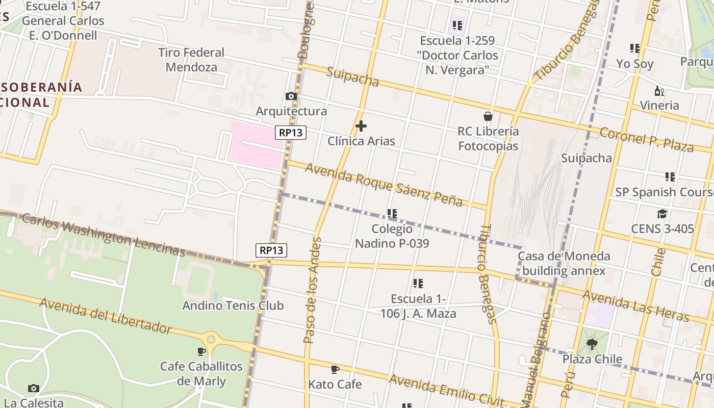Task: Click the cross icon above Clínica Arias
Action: click(x=361, y=126)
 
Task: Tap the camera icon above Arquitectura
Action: click(x=291, y=96)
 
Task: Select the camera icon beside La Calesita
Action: click(x=34, y=388)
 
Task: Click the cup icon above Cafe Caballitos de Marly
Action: click(x=201, y=351)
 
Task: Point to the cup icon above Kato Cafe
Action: click(x=335, y=369)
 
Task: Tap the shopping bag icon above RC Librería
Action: click(x=488, y=116)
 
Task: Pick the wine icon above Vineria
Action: click(x=659, y=91)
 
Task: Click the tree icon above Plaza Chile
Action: click(x=592, y=344)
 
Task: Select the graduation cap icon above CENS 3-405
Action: click(x=662, y=214)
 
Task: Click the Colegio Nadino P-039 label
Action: click(x=392, y=236)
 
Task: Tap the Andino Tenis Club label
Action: click(x=233, y=305)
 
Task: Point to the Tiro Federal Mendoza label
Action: click(x=191, y=60)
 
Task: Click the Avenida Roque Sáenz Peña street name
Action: click(x=384, y=185)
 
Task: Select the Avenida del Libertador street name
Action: click(x=106, y=316)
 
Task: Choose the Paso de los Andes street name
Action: click(x=312, y=290)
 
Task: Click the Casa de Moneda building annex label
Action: click(x=564, y=263)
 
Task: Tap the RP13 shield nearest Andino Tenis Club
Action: click(x=271, y=250)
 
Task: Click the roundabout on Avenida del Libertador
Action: click(x=210, y=339)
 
